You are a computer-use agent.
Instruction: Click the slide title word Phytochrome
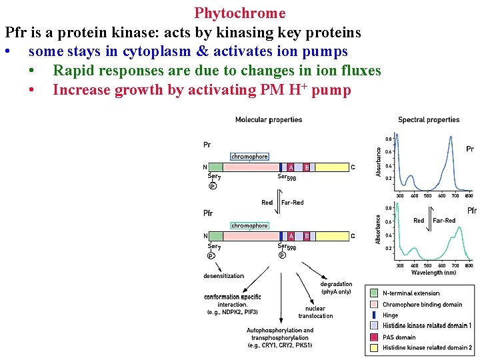click(240, 13)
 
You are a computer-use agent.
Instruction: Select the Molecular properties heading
click(269, 120)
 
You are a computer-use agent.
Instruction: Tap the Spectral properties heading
click(429, 120)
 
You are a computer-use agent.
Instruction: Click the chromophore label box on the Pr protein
click(249, 157)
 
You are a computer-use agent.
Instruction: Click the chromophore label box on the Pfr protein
click(249, 226)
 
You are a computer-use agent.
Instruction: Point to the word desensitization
click(223, 276)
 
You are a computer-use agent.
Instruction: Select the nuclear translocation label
click(315, 312)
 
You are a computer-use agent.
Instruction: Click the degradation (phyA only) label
click(336, 288)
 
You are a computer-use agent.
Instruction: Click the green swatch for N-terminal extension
click(374, 293)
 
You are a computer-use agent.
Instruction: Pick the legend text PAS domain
click(399, 337)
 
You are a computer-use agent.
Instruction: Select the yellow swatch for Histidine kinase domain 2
click(374, 348)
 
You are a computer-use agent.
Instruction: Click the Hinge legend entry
click(391, 315)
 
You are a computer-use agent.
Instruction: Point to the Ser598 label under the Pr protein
click(287, 177)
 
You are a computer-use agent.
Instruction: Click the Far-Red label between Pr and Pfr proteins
click(293, 203)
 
